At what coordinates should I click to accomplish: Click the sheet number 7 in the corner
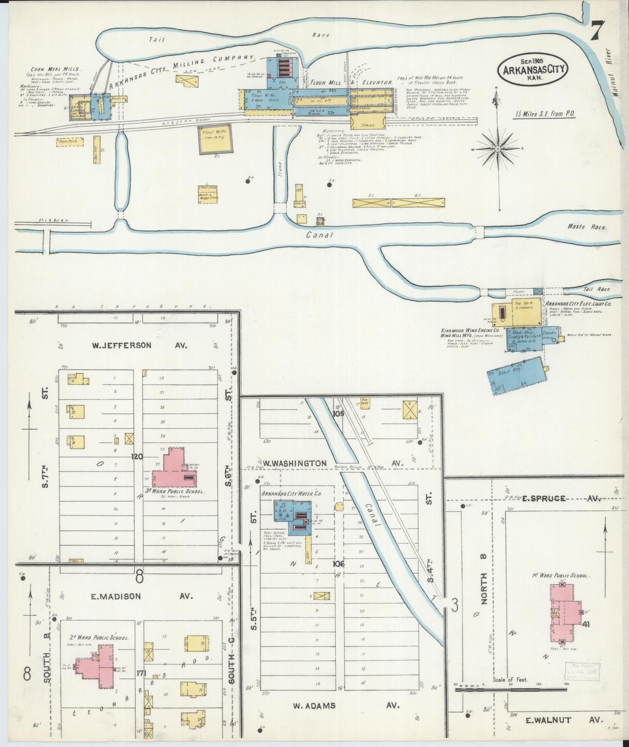598,31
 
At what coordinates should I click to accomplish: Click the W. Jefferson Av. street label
139,345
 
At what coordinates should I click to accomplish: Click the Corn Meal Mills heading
56,69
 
